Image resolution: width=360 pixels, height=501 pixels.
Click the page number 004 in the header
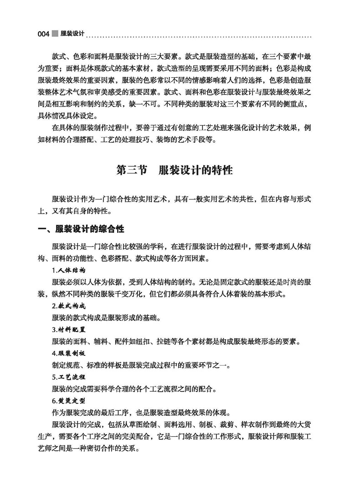point(43,34)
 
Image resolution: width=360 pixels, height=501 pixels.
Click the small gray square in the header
point(55,33)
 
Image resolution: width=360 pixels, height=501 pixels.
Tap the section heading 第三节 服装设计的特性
point(175,171)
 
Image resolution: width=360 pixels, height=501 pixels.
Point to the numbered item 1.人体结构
point(68,270)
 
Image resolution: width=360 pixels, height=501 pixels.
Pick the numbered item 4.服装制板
point(68,353)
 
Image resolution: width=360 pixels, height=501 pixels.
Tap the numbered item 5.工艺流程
point(68,377)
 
